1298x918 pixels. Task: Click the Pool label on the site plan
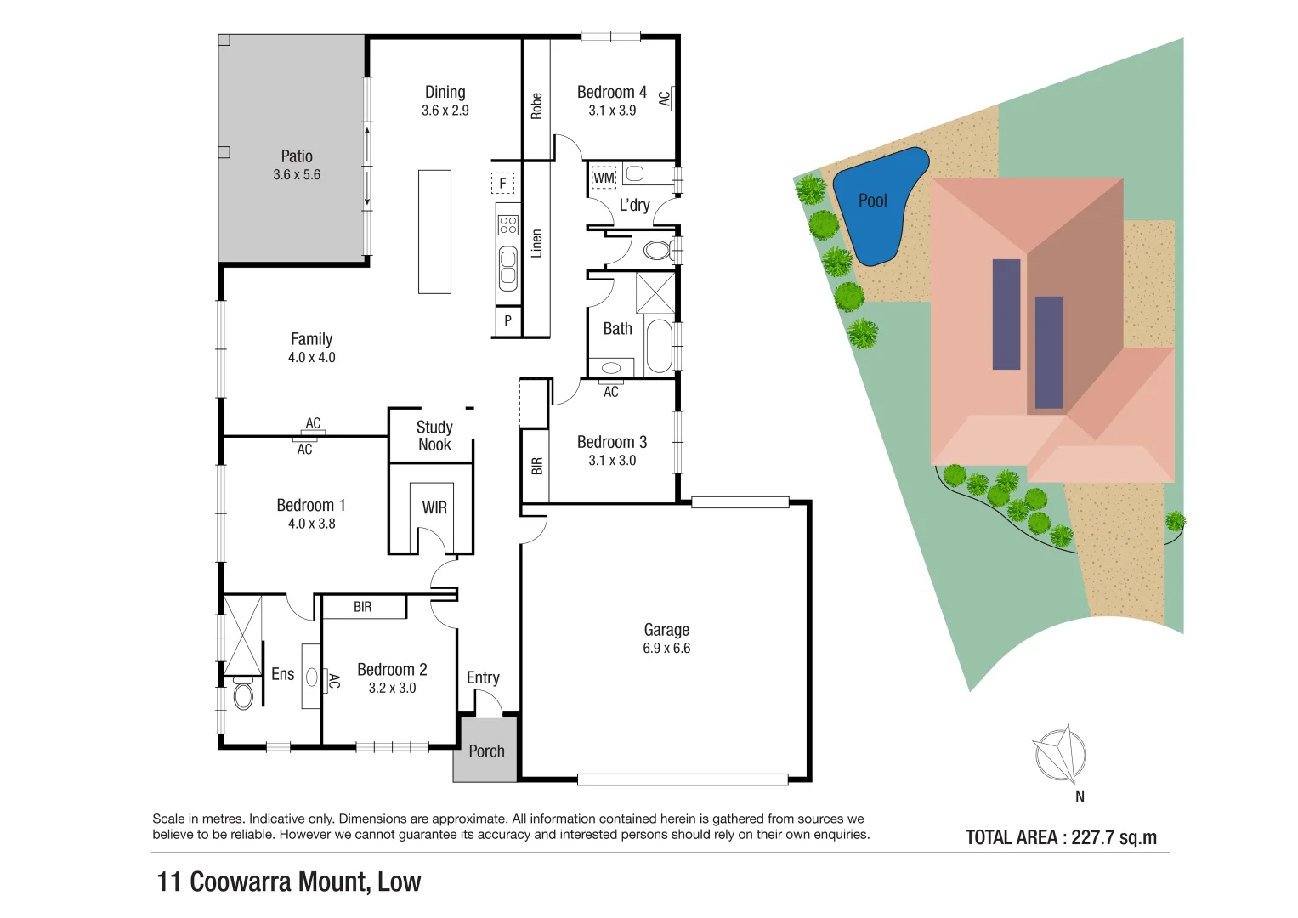[x=872, y=201]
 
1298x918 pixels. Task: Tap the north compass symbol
[x=1060, y=754]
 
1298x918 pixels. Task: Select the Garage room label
[x=666, y=630]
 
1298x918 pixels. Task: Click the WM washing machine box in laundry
[x=604, y=178]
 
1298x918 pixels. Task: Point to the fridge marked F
[x=502, y=183]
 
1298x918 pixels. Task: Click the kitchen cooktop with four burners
[x=508, y=225]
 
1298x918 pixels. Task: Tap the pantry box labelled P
[x=507, y=321]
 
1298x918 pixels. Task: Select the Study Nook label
[x=434, y=436]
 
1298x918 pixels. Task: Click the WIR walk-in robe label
[x=434, y=507]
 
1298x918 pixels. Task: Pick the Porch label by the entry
[x=486, y=751]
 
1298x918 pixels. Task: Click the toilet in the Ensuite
[x=242, y=694]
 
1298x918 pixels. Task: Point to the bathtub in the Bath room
[x=658, y=346]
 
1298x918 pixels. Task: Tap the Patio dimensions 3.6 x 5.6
[x=297, y=175]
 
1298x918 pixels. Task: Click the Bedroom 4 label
[x=611, y=92]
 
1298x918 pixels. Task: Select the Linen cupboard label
[x=536, y=243]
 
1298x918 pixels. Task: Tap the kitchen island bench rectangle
[x=434, y=232]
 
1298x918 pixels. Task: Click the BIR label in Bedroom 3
[x=536, y=466]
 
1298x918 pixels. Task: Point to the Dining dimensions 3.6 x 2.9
[x=445, y=110]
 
